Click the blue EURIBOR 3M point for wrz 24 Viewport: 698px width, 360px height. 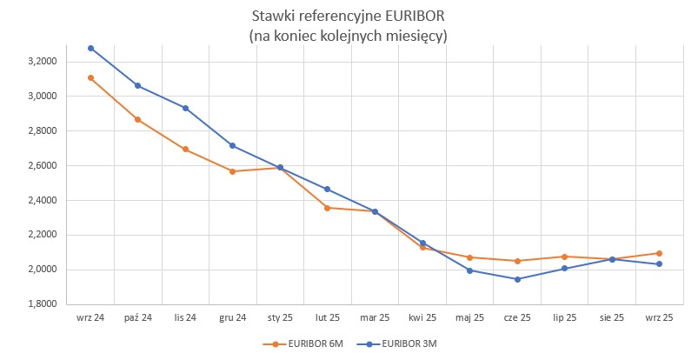click(90, 48)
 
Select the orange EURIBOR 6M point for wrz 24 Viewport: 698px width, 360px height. click(90, 77)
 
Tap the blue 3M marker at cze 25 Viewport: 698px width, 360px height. click(517, 279)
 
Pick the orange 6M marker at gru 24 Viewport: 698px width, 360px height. click(232, 171)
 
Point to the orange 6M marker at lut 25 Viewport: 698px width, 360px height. click(327, 208)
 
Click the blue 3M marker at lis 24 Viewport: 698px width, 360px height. click(185, 108)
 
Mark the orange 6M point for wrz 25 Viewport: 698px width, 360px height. click(660, 253)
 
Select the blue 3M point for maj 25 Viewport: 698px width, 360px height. click(470, 270)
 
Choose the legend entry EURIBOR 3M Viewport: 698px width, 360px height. click(408, 344)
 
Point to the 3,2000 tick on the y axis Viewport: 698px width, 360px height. click(42, 62)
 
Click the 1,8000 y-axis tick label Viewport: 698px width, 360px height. click(42, 304)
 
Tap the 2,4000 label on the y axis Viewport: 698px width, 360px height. click(42, 200)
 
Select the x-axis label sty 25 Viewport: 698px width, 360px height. click(280, 318)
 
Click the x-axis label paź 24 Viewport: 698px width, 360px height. click(137, 318)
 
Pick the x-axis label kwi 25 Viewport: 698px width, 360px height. click(422, 318)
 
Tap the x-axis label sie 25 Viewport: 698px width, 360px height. click(612, 318)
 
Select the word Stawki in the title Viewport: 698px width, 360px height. click(270, 17)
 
